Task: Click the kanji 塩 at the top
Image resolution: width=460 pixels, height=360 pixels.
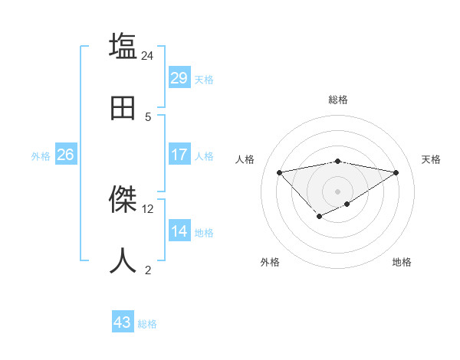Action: click(x=123, y=47)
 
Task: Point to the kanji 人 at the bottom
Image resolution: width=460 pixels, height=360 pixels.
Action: click(x=123, y=260)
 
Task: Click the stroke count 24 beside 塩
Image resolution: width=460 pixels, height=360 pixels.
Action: click(x=148, y=55)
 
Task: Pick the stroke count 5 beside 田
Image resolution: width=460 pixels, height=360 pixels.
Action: click(x=148, y=116)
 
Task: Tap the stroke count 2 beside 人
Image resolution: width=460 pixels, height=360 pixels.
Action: click(x=148, y=270)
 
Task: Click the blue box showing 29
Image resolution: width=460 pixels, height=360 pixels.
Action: click(x=179, y=78)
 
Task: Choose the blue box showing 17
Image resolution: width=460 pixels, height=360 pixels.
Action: click(x=179, y=155)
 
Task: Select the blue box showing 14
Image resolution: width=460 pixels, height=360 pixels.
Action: click(x=179, y=231)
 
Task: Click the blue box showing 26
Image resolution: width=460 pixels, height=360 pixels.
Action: click(x=65, y=155)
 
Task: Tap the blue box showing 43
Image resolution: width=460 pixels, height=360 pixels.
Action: click(x=123, y=322)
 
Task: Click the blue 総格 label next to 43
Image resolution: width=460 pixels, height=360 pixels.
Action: click(x=147, y=324)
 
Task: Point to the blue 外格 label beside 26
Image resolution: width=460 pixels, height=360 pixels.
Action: click(x=41, y=156)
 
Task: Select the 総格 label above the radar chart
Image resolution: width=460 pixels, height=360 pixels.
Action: click(x=338, y=100)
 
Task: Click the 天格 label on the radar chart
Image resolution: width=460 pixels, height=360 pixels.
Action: click(x=432, y=159)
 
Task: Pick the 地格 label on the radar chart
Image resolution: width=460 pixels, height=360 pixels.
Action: click(x=402, y=262)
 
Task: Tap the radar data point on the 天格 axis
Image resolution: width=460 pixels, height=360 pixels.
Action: click(x=396, y=172)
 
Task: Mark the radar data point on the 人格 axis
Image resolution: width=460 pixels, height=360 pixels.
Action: click(x=279, y=172)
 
